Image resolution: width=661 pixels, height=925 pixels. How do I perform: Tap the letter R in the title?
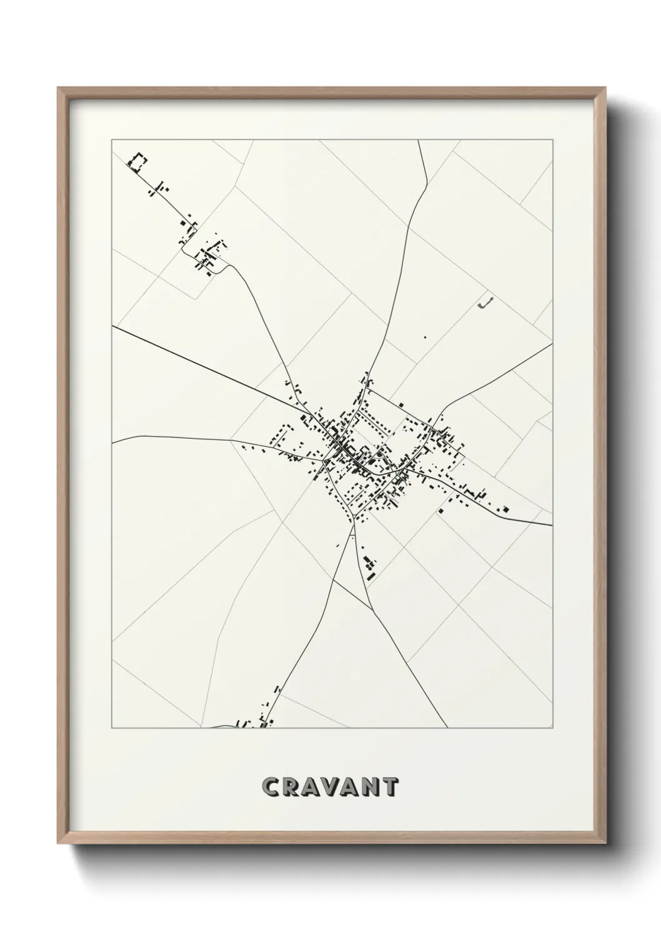pos(291,787)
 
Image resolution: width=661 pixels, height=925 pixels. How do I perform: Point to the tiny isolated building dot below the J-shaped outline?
pos(425,337)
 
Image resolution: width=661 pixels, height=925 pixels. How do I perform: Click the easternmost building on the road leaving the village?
pos(505,509)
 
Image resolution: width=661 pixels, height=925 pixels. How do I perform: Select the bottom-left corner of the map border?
pos(112,728)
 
